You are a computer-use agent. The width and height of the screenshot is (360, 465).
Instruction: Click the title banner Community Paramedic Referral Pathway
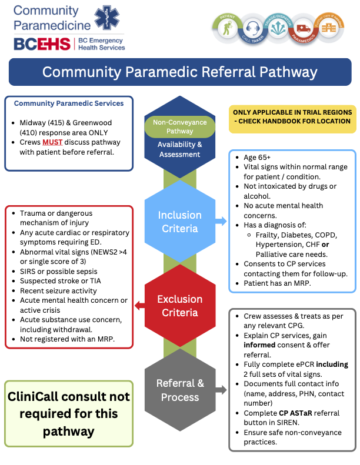click(x=179, y=72)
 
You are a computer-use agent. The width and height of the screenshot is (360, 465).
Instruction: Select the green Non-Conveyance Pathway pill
click(x=179, y=126)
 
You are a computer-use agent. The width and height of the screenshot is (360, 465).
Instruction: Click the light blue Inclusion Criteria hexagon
click(x=179, y=222)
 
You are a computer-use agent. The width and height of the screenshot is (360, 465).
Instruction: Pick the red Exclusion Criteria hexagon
click(x=179, y=306)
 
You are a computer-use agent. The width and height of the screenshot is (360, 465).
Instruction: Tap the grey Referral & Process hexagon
click(x=179, y=390)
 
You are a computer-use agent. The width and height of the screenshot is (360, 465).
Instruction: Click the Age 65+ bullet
click(x=257, y=158)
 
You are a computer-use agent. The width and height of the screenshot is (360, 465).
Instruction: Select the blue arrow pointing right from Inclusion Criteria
click(x=221, y=222)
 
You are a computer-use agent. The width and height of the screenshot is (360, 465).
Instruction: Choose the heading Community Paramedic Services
click(x=69, y=103)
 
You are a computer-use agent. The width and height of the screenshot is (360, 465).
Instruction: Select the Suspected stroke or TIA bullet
click(x=60, y=281)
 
